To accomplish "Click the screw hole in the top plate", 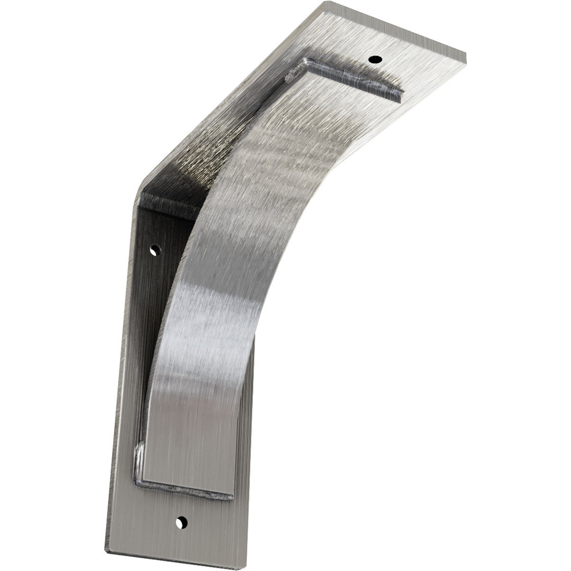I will coord(375,59).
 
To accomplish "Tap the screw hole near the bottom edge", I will coord(181,522).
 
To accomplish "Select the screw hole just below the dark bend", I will coord(154,250).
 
